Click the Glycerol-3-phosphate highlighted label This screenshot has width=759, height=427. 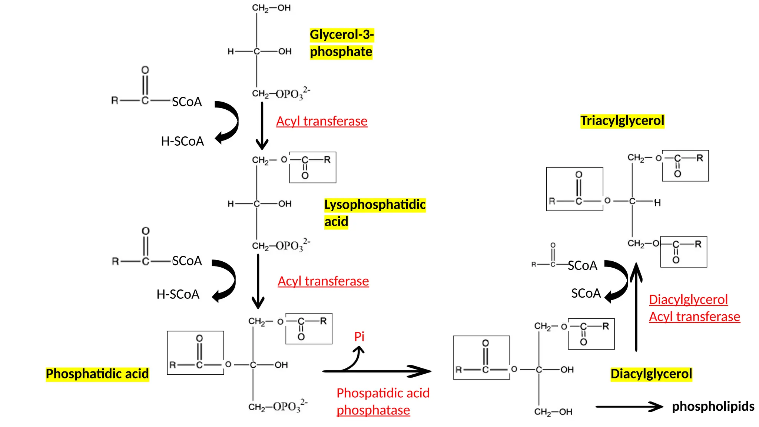[x=341, y=43]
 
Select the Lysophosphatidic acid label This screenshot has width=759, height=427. [x=374, y=213]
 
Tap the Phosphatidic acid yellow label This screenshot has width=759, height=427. [x=97, y=374]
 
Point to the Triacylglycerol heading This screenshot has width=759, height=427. [x=622, y=121]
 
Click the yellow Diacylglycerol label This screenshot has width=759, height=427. [x=651, y=374]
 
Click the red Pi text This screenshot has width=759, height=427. [x=359, y=337]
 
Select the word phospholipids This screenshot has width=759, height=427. [x=713, y=406]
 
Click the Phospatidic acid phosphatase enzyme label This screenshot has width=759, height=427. [x=382, y=401]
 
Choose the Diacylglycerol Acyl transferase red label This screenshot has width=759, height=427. [x=694, y=308]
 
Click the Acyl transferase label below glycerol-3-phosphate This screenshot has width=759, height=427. [x=322, y=121]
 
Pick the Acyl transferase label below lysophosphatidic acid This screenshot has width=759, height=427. [x=323, y=281]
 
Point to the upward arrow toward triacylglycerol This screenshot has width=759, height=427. [x=636, y=308]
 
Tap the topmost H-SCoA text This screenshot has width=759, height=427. [x=182, y=141]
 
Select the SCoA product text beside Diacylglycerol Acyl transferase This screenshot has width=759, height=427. [x=586, y=294]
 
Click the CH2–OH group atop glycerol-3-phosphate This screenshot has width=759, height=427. [x=271, y=8]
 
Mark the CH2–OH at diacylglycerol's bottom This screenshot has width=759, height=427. [x=553, y=412]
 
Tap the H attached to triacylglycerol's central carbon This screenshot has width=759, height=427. [x=657, y=203]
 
